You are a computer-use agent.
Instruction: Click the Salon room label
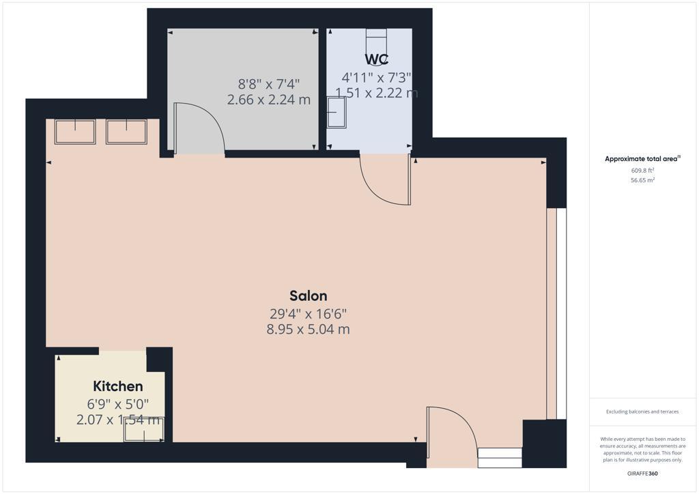point(308,295)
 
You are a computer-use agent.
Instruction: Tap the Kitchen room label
point(118,387)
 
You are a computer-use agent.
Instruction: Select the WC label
point(376,59)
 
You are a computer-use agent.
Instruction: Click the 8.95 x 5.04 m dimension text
point(308,330)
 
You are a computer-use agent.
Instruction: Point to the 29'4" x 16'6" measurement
point(308,314)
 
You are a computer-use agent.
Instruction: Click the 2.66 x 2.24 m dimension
point(268,100)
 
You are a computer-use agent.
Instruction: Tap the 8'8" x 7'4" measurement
point(268,85)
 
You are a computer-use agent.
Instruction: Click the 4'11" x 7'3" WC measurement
point(376,78)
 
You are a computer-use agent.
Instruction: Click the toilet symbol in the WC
point(376,35)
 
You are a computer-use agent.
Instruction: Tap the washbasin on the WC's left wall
point(337,112)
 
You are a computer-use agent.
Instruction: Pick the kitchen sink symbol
point(144,429)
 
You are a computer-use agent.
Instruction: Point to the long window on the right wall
point(556,313)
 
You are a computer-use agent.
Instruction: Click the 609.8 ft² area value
point(642,171)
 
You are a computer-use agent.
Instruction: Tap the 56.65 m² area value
point(642,180)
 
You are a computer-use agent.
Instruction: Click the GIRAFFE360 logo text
point(642,473)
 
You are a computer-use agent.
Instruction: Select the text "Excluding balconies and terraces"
point(642,411)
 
